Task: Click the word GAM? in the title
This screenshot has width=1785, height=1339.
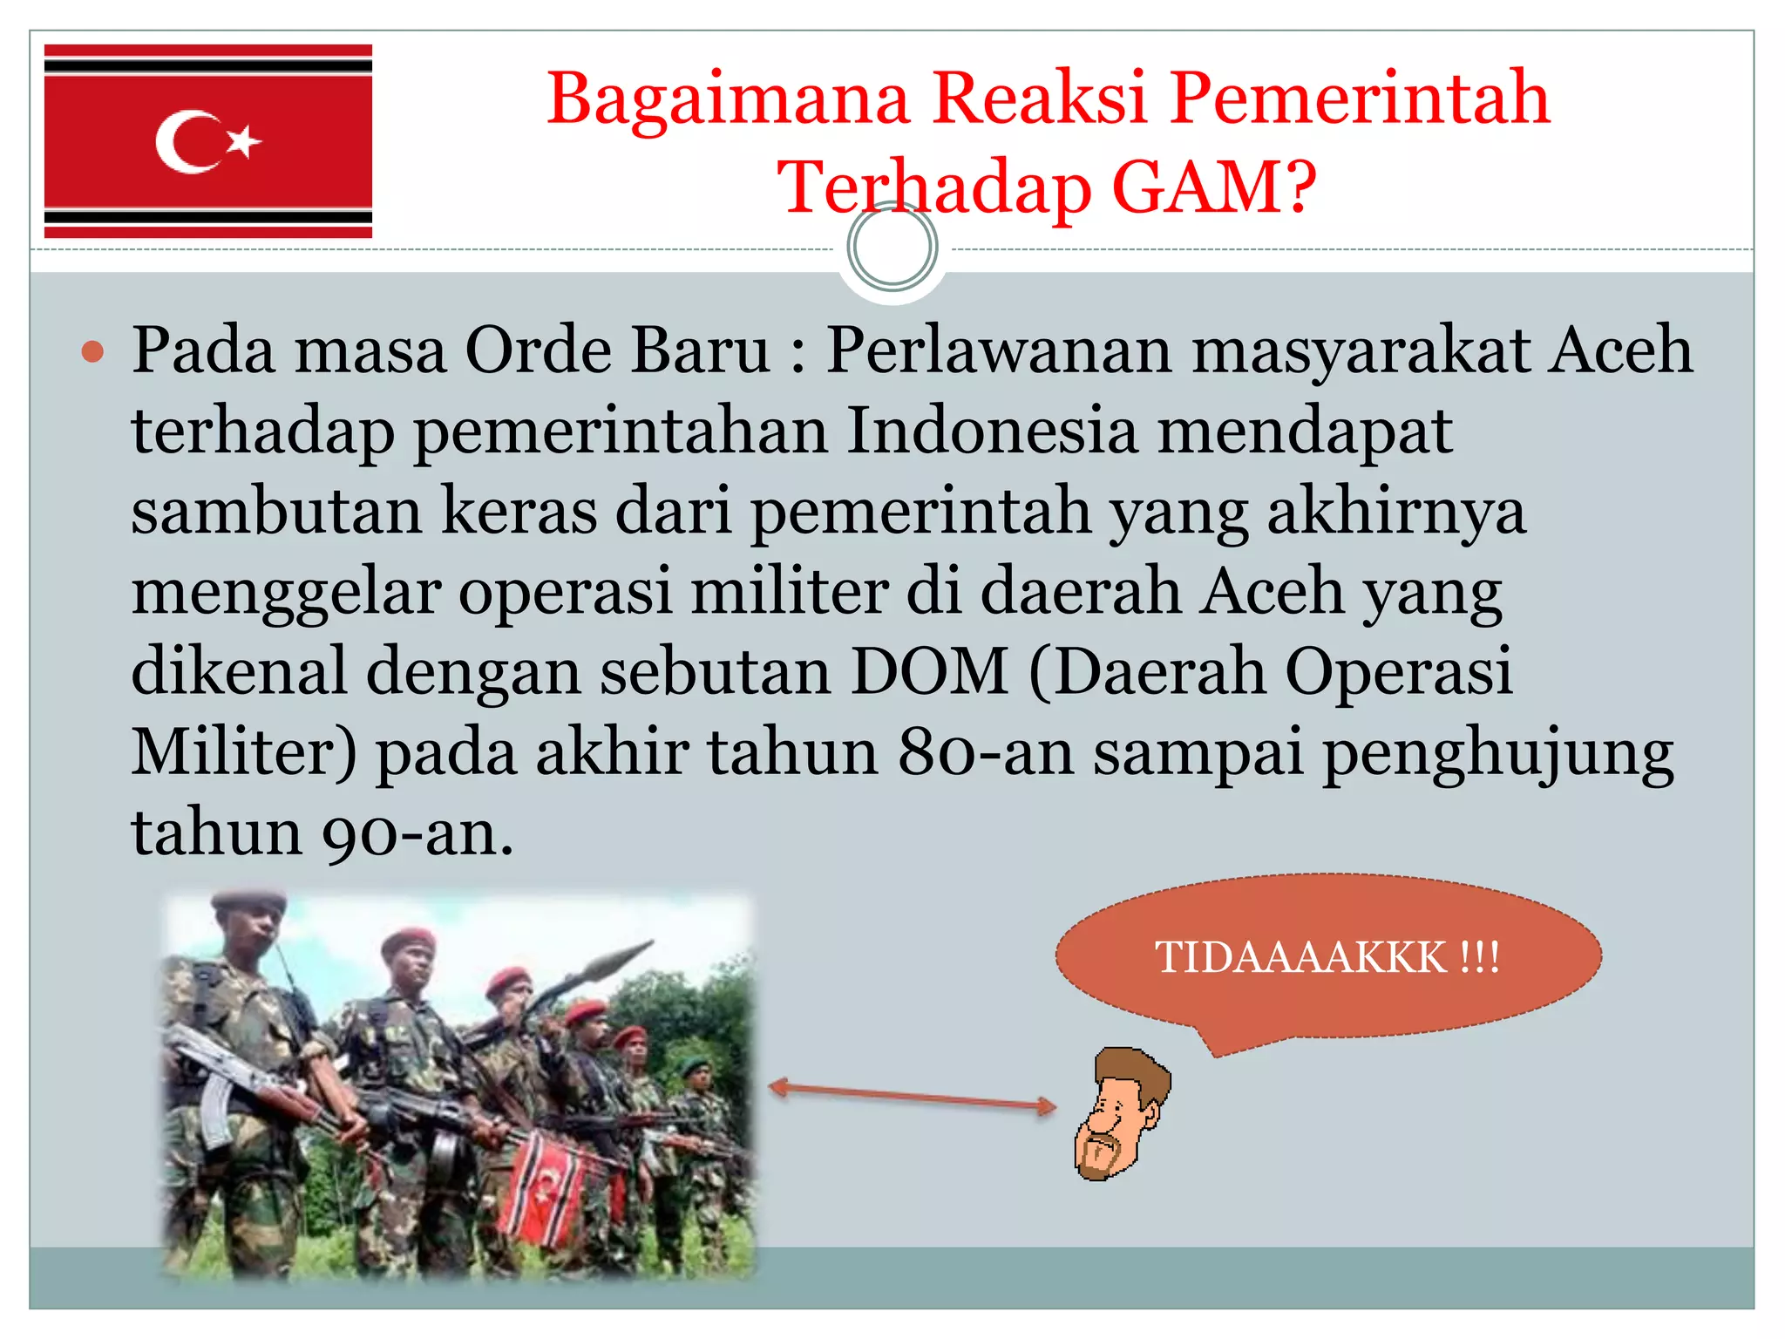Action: click(x=1214, y=187)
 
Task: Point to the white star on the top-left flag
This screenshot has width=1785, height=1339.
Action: click(x=244, y=141)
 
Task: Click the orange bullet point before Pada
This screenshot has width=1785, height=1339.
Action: click(x=92, y=352)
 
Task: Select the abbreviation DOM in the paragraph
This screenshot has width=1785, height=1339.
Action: click(x=928, y=672)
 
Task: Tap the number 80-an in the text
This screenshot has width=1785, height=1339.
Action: click(x=986, y=752)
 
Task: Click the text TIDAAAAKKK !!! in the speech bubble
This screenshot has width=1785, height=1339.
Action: click(x=1327, y=957)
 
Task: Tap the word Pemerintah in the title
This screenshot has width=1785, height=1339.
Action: click(x=1360, y=98)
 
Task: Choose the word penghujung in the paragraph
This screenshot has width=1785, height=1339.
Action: click(x=1497, y=752)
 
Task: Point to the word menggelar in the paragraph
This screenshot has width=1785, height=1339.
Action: click(x=286, y=592)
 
